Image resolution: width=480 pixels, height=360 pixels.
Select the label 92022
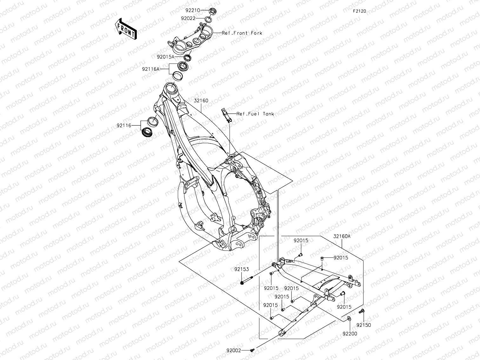188,18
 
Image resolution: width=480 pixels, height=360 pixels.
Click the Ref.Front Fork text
242,33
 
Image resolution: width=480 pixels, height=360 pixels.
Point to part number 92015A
165,57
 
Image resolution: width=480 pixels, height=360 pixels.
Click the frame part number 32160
201,101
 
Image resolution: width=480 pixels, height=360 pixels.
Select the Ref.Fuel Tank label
255,114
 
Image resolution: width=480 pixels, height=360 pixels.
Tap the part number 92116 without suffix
124,126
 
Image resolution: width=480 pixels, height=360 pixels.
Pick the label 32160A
342,236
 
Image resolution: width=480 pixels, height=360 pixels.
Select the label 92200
350,334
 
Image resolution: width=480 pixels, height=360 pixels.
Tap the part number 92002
234,350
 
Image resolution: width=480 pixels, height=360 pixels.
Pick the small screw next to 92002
252,350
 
